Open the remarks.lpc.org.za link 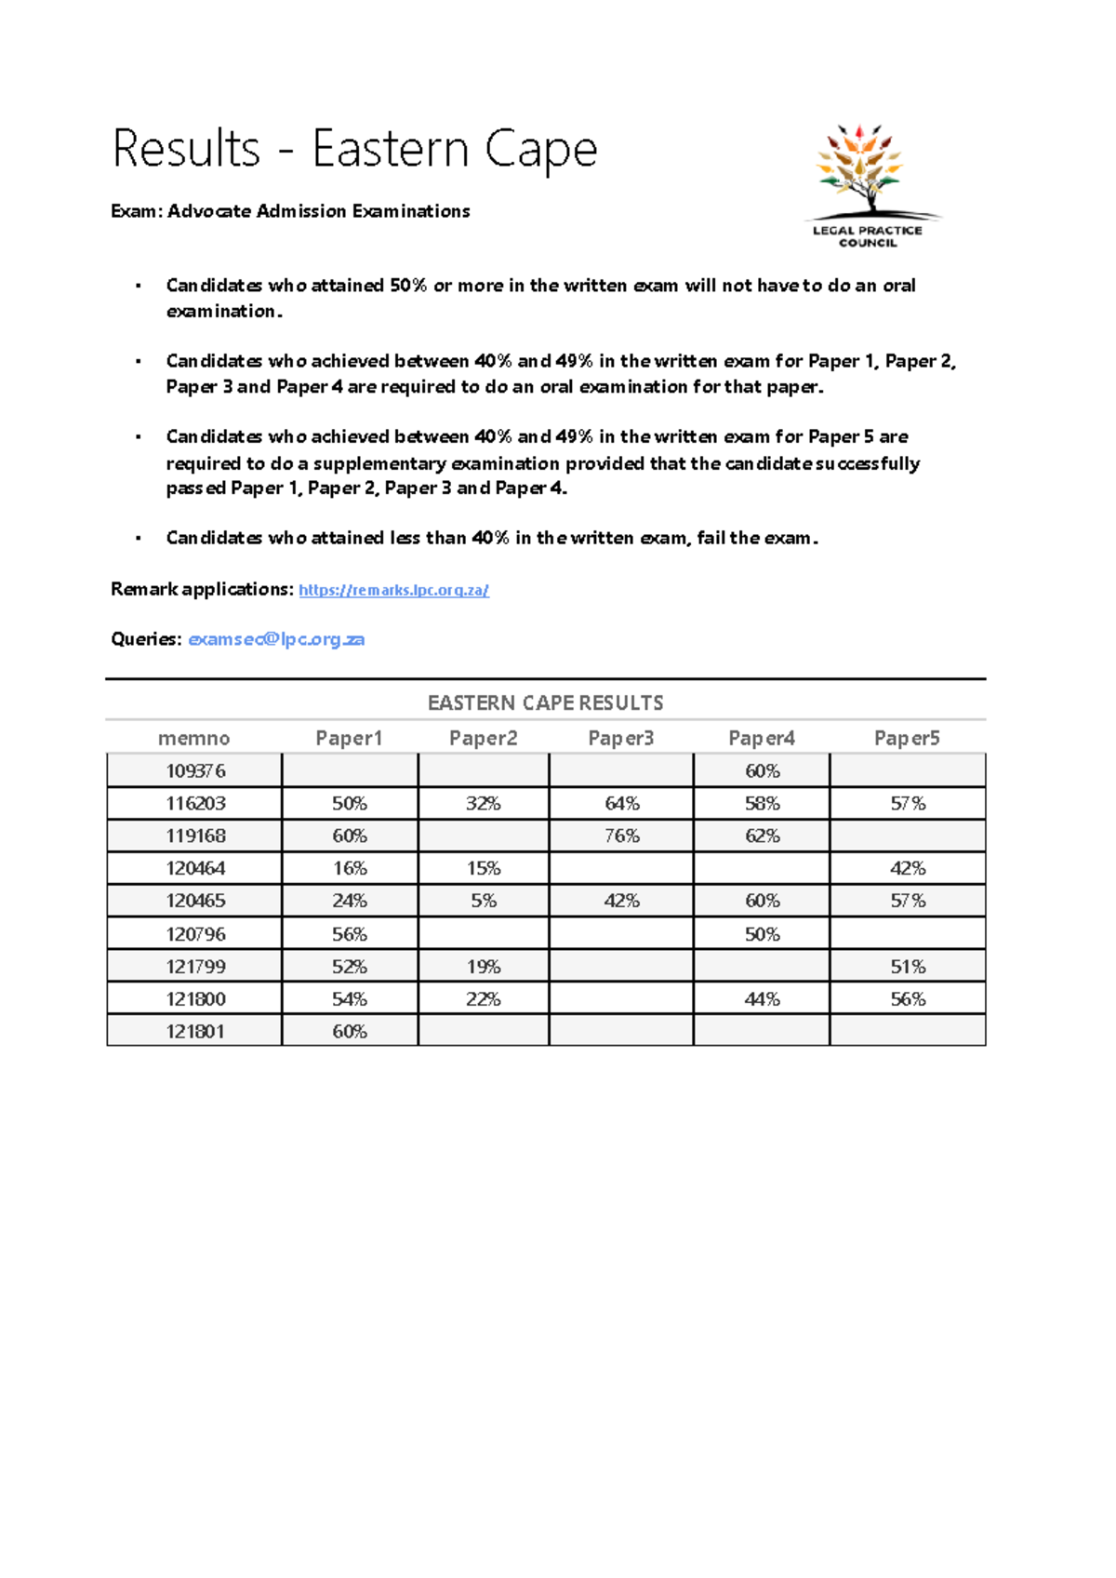tap(393, 590)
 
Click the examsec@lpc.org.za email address tap(276, 639)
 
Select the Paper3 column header tap(620, 738)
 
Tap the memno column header tap(193, 738)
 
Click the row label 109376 tap(195, 770)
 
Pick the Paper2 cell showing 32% tap(483, 803)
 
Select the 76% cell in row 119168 tap(621, 836)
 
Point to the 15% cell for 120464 tap(483, 868)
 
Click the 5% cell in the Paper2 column tap(483, 901)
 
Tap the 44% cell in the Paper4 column tap(761, 998)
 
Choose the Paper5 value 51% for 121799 tap(907, 966)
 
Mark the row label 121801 tap(195, 1031)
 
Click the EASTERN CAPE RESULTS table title tap(545, 702)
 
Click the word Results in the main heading tap(186, 149)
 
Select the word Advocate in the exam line tap(209, 211)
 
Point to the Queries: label tap(146, 639)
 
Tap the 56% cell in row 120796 tap(349, 933)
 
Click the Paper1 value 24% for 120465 tap(349, 901)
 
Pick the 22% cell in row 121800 tap(483, 998)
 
